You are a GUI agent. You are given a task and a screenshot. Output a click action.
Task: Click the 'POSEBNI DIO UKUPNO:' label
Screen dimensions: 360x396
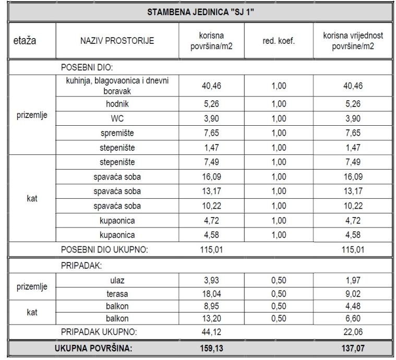point(105,249)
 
